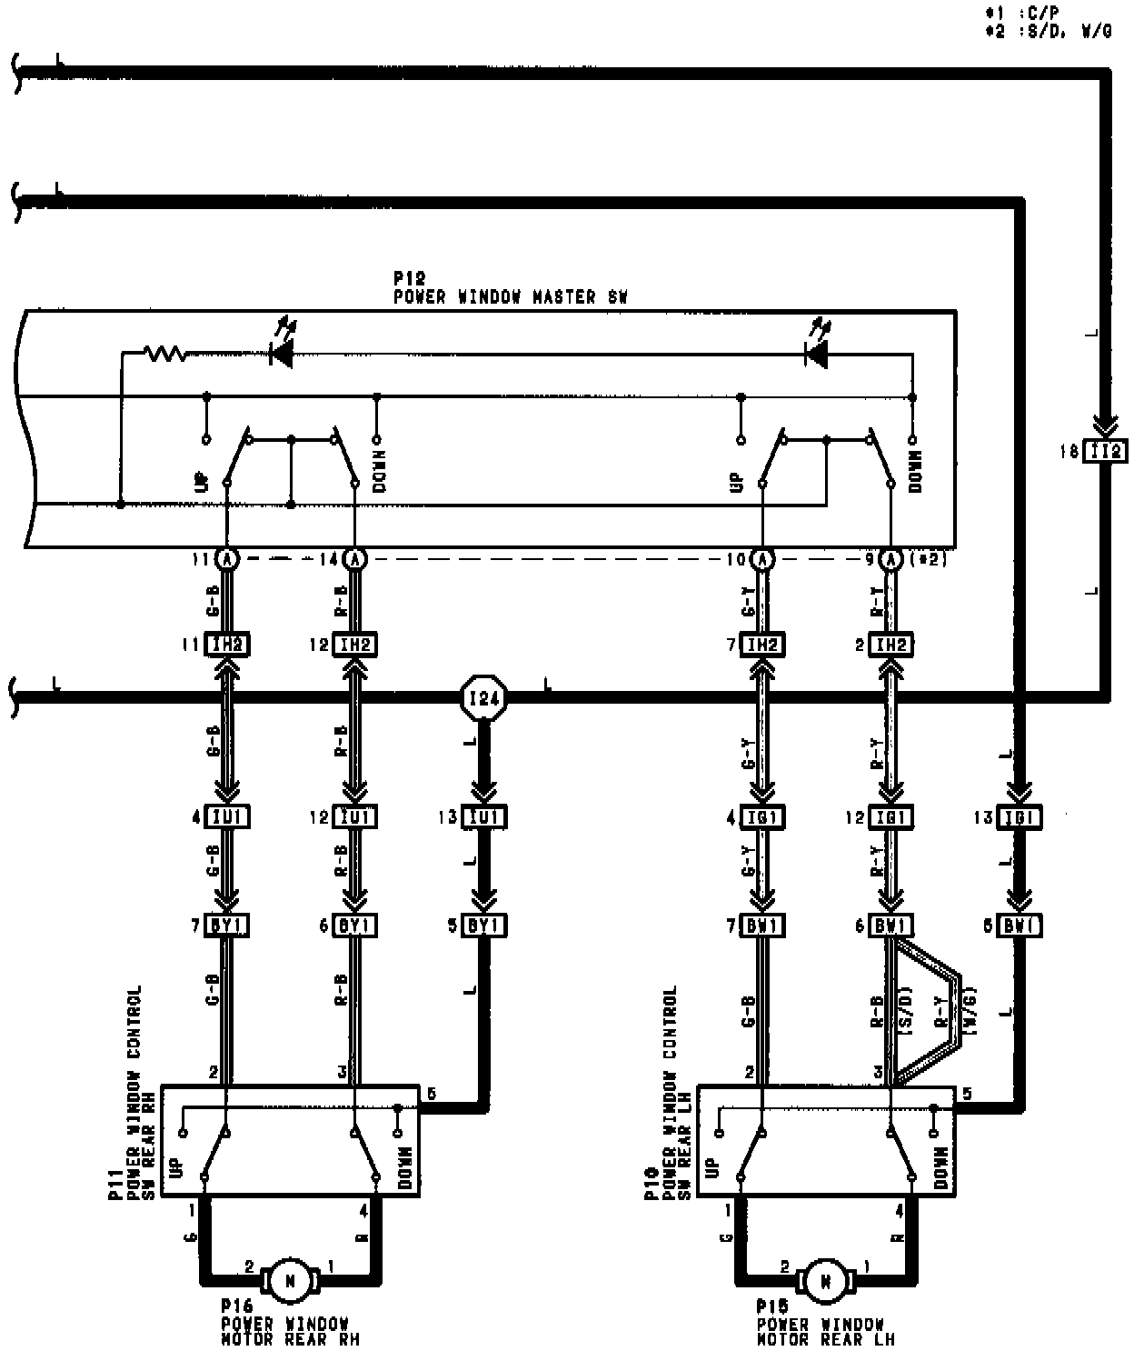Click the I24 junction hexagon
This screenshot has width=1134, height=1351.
point(483,698)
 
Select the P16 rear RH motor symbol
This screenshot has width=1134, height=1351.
point(291,1280)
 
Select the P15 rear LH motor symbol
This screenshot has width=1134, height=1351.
point(826,1280)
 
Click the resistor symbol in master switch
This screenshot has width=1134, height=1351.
point(165,353)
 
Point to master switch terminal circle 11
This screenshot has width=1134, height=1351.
point(226,559)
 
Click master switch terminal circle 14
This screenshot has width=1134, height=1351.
point(355,559)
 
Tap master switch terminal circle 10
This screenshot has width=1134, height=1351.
point(763,559)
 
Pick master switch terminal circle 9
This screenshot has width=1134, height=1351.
point(892,559)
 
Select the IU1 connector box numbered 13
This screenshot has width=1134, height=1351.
point(484,816)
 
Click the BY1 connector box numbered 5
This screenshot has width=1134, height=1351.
point(484,926)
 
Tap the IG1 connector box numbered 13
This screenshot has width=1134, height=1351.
point(1020,816)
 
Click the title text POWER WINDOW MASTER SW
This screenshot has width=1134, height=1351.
point(510,296)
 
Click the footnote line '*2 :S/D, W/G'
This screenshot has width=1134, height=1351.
point(1048,31)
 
